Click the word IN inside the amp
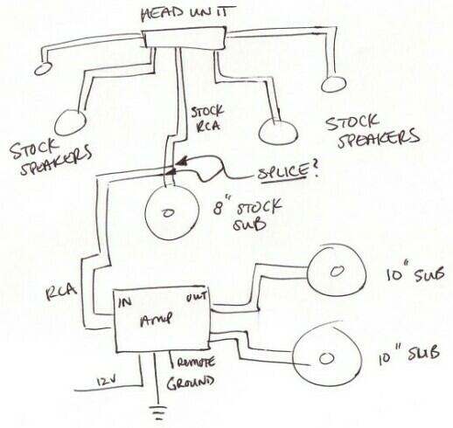pos(125,303)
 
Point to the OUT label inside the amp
pos(197,297)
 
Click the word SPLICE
pos(282,173)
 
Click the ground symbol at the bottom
pos(159,413)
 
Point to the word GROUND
pos(190,383)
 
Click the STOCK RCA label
pos(207,119)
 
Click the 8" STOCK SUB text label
pos(247,215)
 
